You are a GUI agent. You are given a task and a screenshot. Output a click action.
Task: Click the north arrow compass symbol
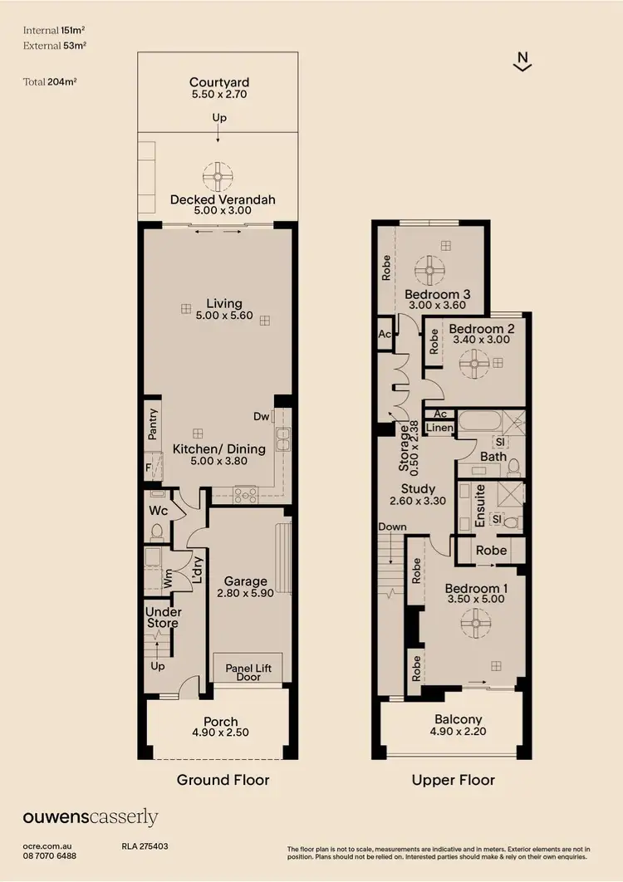tap(522, 62)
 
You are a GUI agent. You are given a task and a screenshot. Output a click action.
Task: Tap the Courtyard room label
tap(219, 82)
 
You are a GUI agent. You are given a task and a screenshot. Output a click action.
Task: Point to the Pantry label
tap(153, 424)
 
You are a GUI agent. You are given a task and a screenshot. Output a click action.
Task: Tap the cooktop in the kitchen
tap(246, 495)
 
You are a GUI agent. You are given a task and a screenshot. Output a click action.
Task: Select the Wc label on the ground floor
tap(158, 511)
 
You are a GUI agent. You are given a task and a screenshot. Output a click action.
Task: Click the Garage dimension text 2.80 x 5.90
tap(246, 594)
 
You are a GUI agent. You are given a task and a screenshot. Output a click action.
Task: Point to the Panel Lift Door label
tap(248, 671)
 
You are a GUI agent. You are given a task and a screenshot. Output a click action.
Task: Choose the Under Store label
tap(164, 618)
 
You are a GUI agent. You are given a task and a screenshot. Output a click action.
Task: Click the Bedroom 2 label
tap(483, 329)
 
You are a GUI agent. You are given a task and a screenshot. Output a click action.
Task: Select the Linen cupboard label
tap(439, 429)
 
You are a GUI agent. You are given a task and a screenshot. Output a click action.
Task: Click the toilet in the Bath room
tap(513, 465)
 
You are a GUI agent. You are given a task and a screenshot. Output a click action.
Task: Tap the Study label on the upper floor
tap(418, 488)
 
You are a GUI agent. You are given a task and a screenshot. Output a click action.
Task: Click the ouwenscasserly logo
tap(90, 818)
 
